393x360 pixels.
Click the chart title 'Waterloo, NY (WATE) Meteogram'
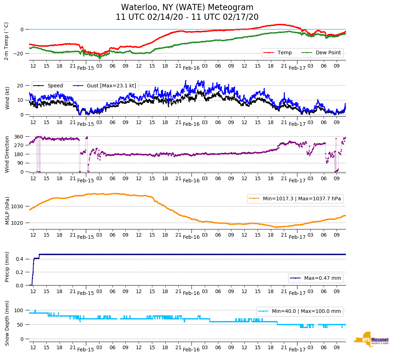(187, 8)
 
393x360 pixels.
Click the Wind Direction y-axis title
(7, 154)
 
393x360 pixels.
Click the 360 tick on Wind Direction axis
(19, 137)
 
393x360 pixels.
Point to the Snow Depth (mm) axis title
(7, 323)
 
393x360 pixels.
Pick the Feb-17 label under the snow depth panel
(297, 350)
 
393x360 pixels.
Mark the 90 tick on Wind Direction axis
(20, 163)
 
